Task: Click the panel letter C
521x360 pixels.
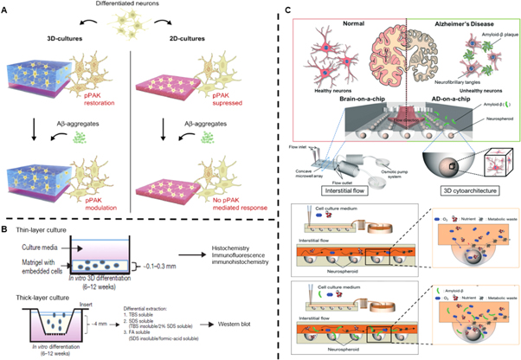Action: [x=274, y=8]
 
